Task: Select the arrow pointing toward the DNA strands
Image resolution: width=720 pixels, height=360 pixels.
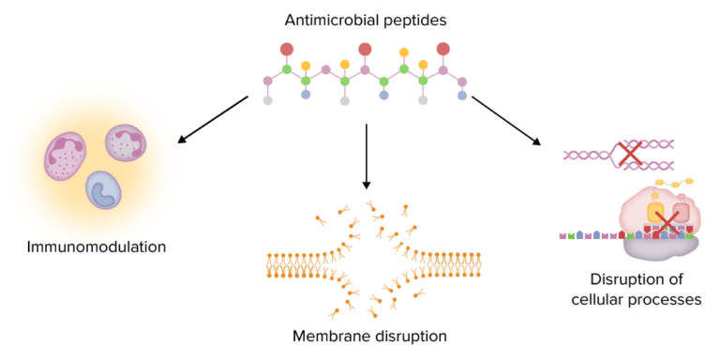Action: (505, 119)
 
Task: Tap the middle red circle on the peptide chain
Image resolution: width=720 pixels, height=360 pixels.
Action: (365, 49)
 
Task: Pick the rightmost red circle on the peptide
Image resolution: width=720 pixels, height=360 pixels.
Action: (442, 49)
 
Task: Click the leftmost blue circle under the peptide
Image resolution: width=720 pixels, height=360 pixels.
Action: (306, 95)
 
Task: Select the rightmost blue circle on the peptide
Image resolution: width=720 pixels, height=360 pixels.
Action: (461, 95)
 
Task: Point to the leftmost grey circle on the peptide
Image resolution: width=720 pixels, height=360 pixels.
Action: (268, 99)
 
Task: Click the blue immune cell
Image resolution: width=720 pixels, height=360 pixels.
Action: (103, 188)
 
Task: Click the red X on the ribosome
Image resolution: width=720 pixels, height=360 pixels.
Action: (667, 223)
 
